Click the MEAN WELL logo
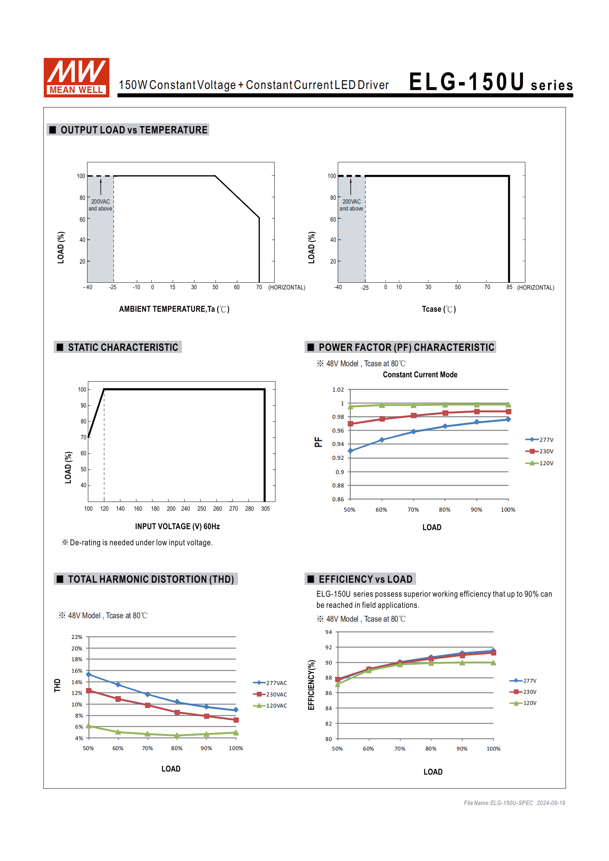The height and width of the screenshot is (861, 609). coord(76,77)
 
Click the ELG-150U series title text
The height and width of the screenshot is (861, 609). coord(490,82)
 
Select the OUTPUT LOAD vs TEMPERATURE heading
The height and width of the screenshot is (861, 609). coord(134,130)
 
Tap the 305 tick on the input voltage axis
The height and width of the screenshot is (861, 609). coord(265,509)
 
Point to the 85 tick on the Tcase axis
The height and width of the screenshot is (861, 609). coord(509,287)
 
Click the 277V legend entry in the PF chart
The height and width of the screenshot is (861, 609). coord(540,440)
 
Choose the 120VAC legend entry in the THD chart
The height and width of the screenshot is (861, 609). coord(270,706)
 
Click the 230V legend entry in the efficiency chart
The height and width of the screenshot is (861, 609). coord(523,692)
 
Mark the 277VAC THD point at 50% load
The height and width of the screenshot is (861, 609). coord(89,674)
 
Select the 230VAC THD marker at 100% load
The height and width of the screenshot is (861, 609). coord(236,720)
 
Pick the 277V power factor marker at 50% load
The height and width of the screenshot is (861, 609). coord(350,451)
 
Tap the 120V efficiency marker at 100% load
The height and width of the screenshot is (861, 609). coord(493,663)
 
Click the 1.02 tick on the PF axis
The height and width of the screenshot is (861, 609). coord(338,390)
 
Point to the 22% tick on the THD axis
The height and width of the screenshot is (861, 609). coord(77,637)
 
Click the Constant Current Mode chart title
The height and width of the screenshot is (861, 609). coord(420,375)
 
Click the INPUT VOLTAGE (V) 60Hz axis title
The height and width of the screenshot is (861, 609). coord(177,527)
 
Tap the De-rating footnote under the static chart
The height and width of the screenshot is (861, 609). coord(137,543)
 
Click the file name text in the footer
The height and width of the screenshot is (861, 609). coord(514,803)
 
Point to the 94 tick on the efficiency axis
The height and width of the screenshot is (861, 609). coord(328,632)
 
